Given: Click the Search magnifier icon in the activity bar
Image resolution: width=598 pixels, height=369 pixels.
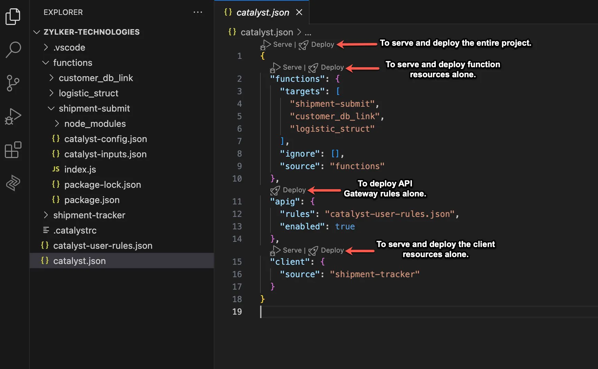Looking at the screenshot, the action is point(13,50).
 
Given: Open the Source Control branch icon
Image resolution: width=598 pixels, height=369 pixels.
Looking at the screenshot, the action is point(13,83).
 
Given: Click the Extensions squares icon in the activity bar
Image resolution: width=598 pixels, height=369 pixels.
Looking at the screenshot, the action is point(13,150).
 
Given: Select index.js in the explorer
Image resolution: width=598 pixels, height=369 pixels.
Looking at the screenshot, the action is point(80,169).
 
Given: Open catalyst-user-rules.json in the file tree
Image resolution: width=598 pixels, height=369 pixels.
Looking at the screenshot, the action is point(103,246).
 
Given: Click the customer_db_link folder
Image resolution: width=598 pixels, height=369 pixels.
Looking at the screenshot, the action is point(96,78).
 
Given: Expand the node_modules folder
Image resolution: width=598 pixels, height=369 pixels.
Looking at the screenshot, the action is point(95,124).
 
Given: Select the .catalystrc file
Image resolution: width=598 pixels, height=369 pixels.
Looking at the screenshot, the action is point(75,230).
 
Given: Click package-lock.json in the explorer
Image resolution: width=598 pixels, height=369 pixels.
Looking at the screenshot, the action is point(103,185).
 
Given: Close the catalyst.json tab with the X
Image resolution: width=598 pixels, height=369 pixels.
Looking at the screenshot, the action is point(299,12).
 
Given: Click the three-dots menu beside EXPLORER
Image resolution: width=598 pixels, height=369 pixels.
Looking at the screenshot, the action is point(198,12).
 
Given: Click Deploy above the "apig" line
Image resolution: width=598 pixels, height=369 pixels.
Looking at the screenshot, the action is point(294,190).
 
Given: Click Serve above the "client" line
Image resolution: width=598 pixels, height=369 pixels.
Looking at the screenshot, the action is point(292,250).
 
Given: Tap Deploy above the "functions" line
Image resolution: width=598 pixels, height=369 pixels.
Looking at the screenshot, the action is point(332,67).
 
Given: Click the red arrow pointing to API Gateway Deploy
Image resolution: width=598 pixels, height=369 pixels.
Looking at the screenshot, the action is point(324,190).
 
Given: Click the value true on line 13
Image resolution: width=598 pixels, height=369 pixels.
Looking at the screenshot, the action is point(345,227).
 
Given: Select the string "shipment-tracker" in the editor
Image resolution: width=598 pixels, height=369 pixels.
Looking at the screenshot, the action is point(375,274).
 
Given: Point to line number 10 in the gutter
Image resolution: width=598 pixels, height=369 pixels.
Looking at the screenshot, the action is point(237,179).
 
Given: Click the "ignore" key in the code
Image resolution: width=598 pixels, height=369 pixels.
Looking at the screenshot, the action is point(300,154).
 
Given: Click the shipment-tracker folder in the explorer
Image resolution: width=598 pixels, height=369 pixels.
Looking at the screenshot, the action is point(89,215).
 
